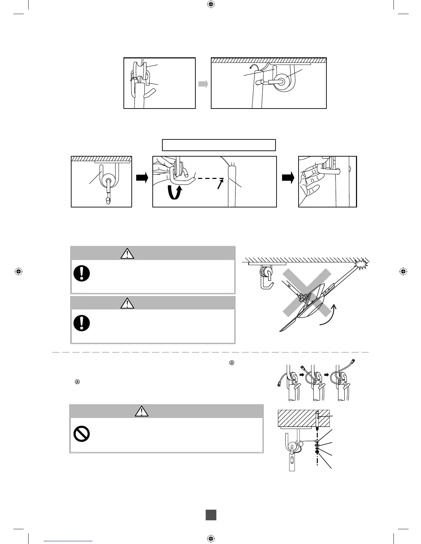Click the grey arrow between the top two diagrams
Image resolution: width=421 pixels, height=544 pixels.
[203, 84]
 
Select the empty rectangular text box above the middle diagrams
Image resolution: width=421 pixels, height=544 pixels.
[219, 145]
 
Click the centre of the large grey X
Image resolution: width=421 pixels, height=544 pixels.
[307, 292]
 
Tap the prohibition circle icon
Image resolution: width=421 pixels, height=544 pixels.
[82, 434]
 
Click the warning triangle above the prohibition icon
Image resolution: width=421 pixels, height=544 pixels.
[142, 411]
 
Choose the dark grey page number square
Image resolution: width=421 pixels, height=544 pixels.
[211, 514]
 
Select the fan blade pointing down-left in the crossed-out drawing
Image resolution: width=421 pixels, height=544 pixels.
[291, 325]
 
